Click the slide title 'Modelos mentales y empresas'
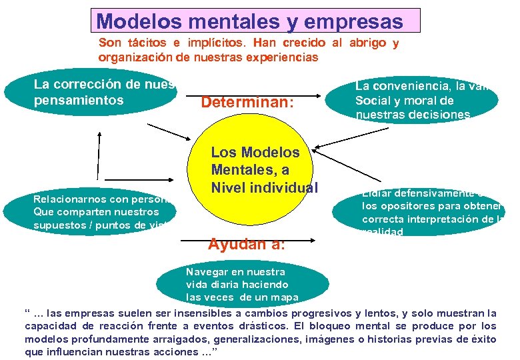(249, 21)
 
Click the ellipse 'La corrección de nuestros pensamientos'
(93, 93)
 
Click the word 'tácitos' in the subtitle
(146, 43)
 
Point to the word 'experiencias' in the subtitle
(286, 57)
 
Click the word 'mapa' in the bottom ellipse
(283, 297)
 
